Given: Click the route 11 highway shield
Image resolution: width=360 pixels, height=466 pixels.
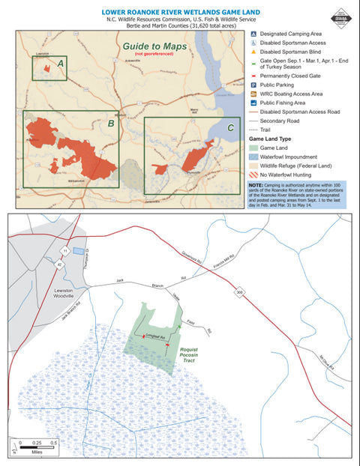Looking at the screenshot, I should (x=66, y=249).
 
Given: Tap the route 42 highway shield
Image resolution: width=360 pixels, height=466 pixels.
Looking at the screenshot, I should (x=59, y=264).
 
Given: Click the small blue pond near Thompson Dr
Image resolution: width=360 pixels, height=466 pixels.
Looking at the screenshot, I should (x=79, y=252).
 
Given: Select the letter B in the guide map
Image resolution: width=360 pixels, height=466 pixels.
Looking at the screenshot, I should (x=111, y=123).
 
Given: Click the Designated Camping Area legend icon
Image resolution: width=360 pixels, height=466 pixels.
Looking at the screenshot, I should (x=253, y=34).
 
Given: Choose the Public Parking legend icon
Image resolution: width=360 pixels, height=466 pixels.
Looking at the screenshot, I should (x=253, y=85).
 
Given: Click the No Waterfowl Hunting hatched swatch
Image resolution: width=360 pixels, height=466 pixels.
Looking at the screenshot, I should (x=254, y=174).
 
